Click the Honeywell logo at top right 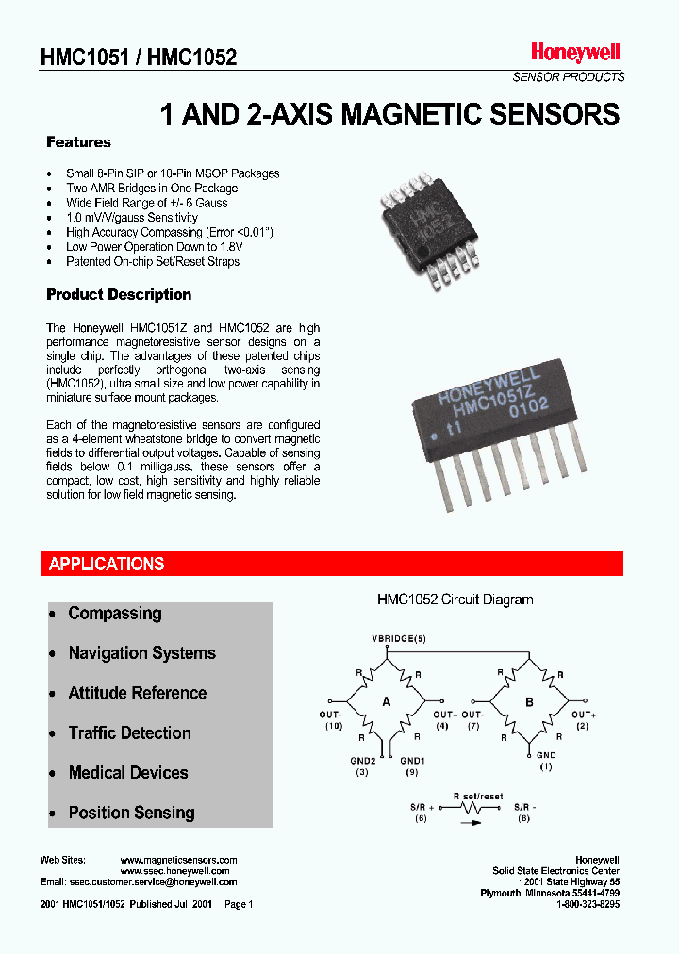point(574,53)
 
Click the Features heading point(78,142)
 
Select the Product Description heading point(119,294)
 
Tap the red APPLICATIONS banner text point(107,564)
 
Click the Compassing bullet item point(115,614)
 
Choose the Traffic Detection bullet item point(129,733)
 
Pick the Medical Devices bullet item point(128,773)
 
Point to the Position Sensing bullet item point(131,813)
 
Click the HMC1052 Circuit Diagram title point(455,600)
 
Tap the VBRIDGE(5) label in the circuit point(398,640)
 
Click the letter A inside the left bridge point(386,701)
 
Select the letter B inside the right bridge point(528,701)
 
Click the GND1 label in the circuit point(413,760)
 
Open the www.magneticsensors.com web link point(179,860)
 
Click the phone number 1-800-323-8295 point(588,904)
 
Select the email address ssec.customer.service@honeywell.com point(153,882)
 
